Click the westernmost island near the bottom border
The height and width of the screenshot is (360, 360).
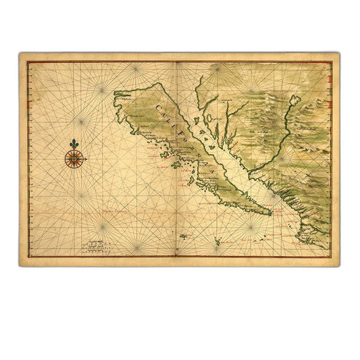coord(186,235)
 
